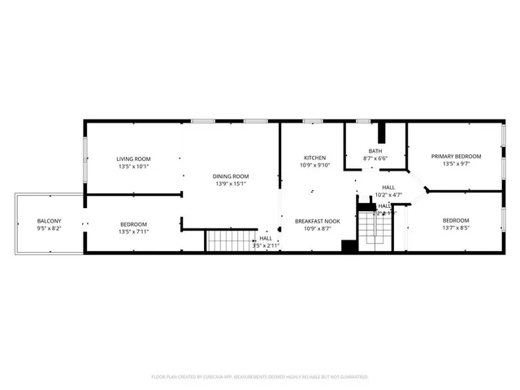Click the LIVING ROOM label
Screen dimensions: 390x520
133,159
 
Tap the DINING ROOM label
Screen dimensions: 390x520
231,176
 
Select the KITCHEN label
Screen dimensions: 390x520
315,158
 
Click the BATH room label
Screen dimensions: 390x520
375,150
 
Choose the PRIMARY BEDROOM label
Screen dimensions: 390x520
456,156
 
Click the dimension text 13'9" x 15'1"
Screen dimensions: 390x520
231,184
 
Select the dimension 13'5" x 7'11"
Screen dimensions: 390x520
133,232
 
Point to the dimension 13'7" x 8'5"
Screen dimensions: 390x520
456,228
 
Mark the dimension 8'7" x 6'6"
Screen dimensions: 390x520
375,158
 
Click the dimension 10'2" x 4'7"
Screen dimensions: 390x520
388,195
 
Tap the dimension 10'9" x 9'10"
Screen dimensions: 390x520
315,165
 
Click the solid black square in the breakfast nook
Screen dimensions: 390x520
349,247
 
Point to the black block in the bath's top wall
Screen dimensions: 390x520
384,132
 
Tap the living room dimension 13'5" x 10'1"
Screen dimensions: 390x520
133,167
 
